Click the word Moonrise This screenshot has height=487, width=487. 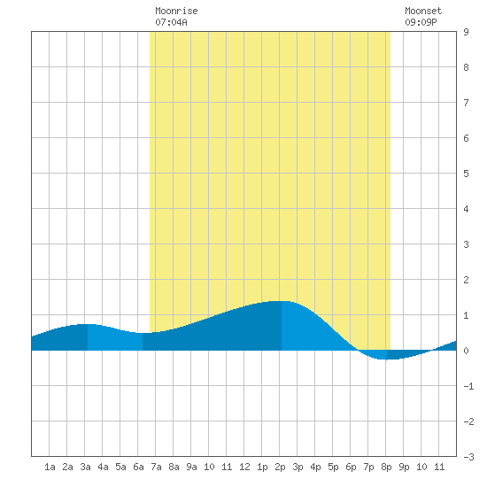pyautogui.click(x=176, y=11)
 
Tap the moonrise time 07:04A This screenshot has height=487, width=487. pyautogui.click(x=171, y=22)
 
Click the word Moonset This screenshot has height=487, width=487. pyautogui.click(x=423, y=11)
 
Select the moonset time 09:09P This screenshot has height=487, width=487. pyautogui.click(x=421, y=22)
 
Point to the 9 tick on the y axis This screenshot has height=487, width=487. pyautogui.click(x=466, y=32)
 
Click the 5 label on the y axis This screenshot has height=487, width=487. pyautogui.click(x=466, y=174)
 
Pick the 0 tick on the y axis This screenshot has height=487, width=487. pyautogui.click(x=466, y=351)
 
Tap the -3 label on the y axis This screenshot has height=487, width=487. pyautogui.click(x=468, y=457)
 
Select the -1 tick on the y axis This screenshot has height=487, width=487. pyautogui.click(x=468, y=386)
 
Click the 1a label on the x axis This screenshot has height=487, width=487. pyautogui.click(x=50, y=467)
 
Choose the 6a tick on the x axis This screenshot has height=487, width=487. pyautogui.click(x=138, y=467)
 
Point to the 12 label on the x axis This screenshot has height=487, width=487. pyautogui.click(x=244, y=467)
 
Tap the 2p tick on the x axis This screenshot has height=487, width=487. pyautogui.click(x=280, y=467)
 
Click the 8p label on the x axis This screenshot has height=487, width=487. pyautogui.click(x=386, y=467)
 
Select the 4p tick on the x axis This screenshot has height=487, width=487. pyautogui.click(x=315, y=467)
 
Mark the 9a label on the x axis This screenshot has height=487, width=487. pyautogui.click(x=191, y=467)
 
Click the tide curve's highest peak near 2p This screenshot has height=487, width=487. pyautogui.click(x=282, y=301)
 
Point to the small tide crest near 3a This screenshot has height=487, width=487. pyautogui.click(x=88, y=324)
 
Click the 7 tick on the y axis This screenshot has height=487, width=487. pyautogui.click(x=466, y=103)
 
